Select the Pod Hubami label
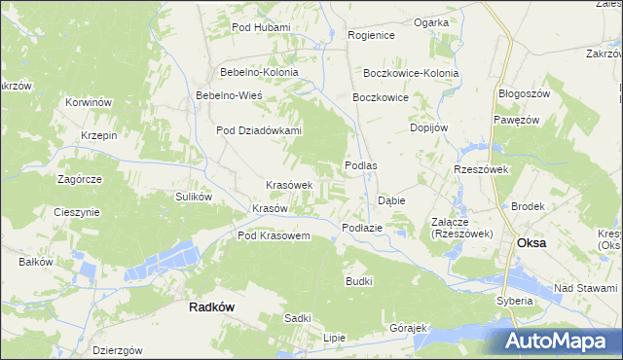pos(261,27)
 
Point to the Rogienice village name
pos(371,35)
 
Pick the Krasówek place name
pos(289,185)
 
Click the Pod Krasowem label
pos(274,236)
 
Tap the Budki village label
pos(359,280)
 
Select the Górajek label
pos(409,327)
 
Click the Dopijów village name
pos(428,127)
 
